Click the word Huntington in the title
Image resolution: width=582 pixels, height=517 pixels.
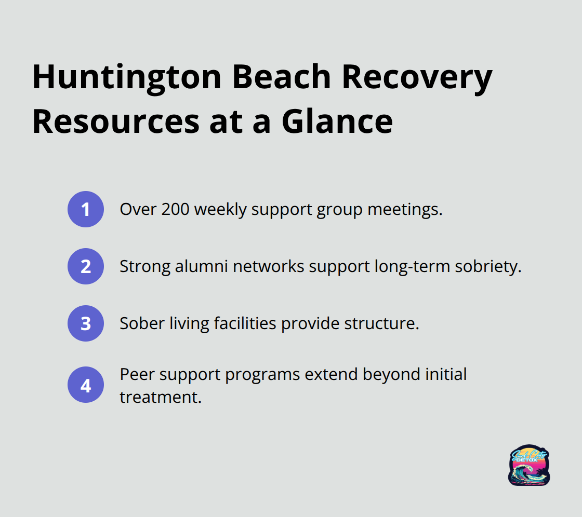(127, 78)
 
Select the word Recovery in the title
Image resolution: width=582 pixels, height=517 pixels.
(417, 78)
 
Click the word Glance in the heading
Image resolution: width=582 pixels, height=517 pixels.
(337, 121)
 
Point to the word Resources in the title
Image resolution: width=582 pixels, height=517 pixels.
(116, 121)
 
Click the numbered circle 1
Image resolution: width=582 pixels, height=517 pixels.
(86, 209)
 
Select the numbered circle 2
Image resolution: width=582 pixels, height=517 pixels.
(86, 266)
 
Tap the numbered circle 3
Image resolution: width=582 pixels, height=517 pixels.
(86, 323)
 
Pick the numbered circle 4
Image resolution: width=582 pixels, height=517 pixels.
(86, 385)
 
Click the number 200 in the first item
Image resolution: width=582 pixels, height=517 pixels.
(175, 209)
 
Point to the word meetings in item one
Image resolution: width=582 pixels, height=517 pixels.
(405, 210)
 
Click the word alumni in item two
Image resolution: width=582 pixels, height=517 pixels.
(201, 266)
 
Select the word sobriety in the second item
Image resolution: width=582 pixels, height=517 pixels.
(488, 267)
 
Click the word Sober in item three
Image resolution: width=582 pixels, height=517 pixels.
(142, 323)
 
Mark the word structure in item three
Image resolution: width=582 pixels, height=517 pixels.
(381, 323)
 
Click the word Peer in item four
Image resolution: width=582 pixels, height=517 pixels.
(137, 374)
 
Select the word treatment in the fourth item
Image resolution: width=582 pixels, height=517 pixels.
(161, 397)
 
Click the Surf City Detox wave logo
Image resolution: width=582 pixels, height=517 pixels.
(529, 465)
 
